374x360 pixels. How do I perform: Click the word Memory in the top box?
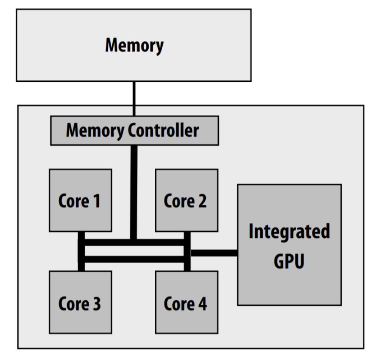(134, 45)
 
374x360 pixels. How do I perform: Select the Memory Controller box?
(134, 130)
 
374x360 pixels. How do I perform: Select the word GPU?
(289, 262)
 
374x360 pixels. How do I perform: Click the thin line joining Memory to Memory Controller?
(134, 98)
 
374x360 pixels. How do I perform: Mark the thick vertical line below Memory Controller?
(134, 191)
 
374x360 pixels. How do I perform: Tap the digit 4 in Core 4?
(202, 303)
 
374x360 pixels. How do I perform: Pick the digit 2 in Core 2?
(202, 201)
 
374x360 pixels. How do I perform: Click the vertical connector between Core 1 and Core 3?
(81, 251)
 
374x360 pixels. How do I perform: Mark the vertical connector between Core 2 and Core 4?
(187, 251)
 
